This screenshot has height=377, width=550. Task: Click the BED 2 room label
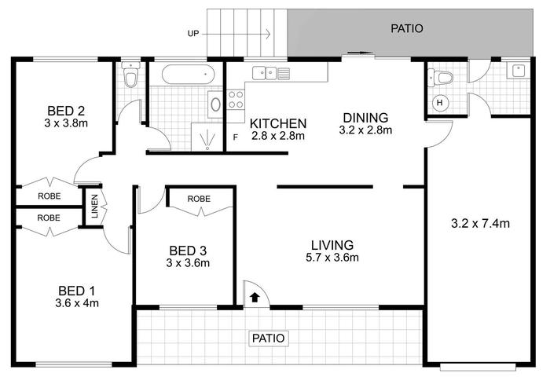[x=66, y=112]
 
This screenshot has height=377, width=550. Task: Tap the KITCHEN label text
[x=278, y=123]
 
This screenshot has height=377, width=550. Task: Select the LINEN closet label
[x=95, y=207]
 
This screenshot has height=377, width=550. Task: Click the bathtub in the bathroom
[x=188, y=75]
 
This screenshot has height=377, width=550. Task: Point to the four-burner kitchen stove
[x=236, y=100]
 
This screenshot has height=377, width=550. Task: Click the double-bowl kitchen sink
[x=271, y=73]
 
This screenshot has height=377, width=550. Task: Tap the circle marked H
[x=439, y=103]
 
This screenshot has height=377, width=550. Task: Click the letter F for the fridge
[x=236, y=137]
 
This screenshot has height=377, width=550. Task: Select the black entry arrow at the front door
[x=255, y=298]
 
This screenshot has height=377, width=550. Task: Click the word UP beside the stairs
[x=193, y=34]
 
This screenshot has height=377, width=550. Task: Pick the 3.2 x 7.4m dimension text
[x=480, y=223]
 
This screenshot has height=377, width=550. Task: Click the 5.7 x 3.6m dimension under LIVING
[x=332, y=258]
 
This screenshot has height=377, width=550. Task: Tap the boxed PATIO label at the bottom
[x=269, y=339]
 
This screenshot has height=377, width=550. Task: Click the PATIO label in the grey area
[x=407, y=28]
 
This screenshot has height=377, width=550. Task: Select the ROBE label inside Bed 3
[x=199, y=199]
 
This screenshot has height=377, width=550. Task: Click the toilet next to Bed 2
[x=131, y=75]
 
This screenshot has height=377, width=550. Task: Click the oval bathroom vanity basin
[x=215, y=104]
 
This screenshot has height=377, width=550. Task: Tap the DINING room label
[x=365, y=118]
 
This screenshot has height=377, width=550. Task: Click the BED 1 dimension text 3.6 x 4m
[x=77, y=303]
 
